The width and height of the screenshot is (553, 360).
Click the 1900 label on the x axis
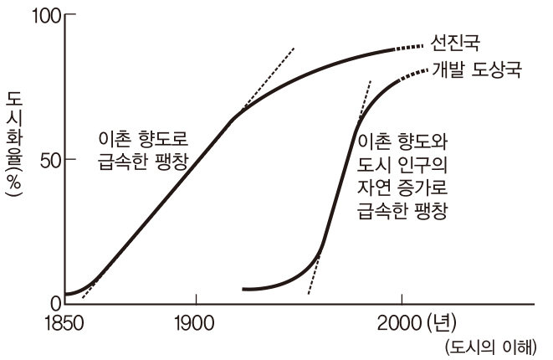point(195,323)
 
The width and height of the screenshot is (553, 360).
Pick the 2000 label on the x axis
point(401,323)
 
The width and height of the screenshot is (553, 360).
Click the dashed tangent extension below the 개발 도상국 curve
point(313,280)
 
